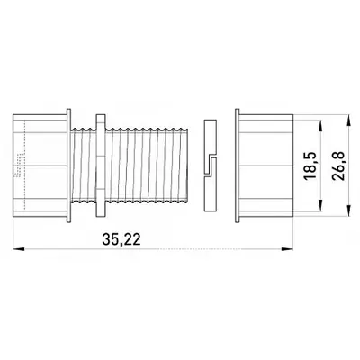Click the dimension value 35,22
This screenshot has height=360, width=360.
coord(121,239)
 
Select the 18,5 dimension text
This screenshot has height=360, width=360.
coord(310,166)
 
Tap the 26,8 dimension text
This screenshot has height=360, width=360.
coord(338,166)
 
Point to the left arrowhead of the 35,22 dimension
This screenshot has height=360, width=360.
coord(18,249)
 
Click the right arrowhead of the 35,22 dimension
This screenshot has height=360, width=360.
coord(287,249)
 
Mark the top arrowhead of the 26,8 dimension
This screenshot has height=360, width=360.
coord(349,120)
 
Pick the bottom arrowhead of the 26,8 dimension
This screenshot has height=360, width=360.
coord(349,211)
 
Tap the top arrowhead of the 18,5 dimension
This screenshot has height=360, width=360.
coord(320,125)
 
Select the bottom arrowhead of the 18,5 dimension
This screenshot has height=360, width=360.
coord(320,205)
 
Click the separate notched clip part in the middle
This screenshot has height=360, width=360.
coord(210,166)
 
